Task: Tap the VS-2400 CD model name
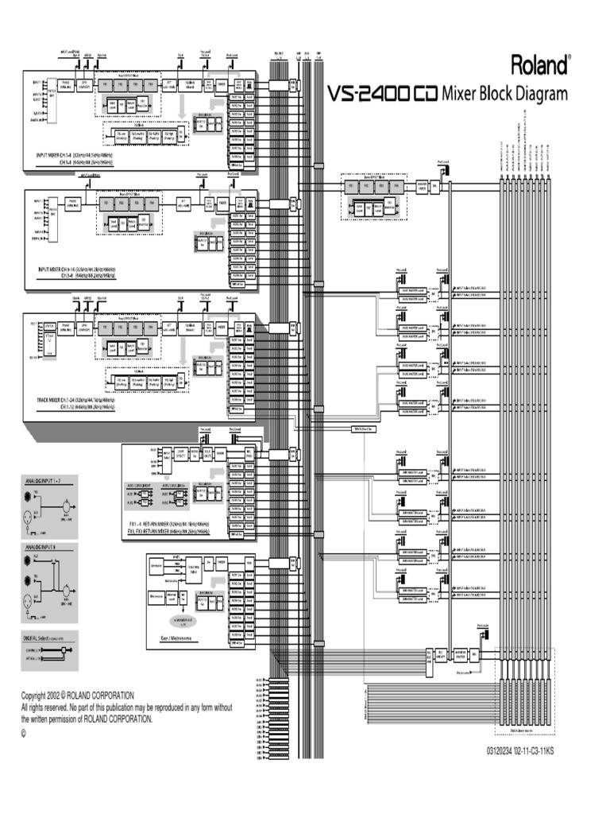pyautogui.click(x=382, y=95)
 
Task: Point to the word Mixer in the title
pyautogui.click(x=461, y=95)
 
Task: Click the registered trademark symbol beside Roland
pyautogui.click(x=569, y=57)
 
